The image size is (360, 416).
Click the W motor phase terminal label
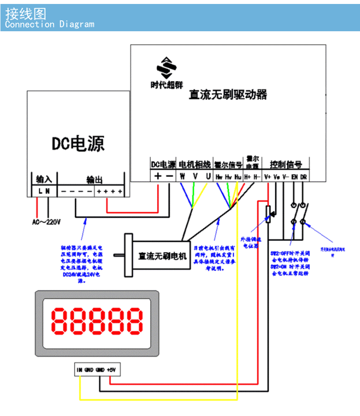tap(182, 176)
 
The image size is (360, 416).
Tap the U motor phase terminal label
tap(208, 176)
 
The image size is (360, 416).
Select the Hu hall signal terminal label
tap(238, 177)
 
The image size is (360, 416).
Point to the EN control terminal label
tap(294, 177)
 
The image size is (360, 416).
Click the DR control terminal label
tap(304, 177)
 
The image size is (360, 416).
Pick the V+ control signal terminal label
tap(267, 177)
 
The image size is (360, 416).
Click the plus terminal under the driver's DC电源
tap(158, 176)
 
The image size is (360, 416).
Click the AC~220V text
tap(46, 221)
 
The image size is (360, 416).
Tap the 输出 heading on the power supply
tap(94, 180)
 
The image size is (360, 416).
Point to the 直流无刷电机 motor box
tap(162, 255)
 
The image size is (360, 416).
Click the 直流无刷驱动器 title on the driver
tap(228, 95)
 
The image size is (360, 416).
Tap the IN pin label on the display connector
tap(79, 370)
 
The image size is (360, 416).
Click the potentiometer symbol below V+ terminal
tap(268, 214)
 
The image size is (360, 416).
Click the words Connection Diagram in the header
tap(49, 24)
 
